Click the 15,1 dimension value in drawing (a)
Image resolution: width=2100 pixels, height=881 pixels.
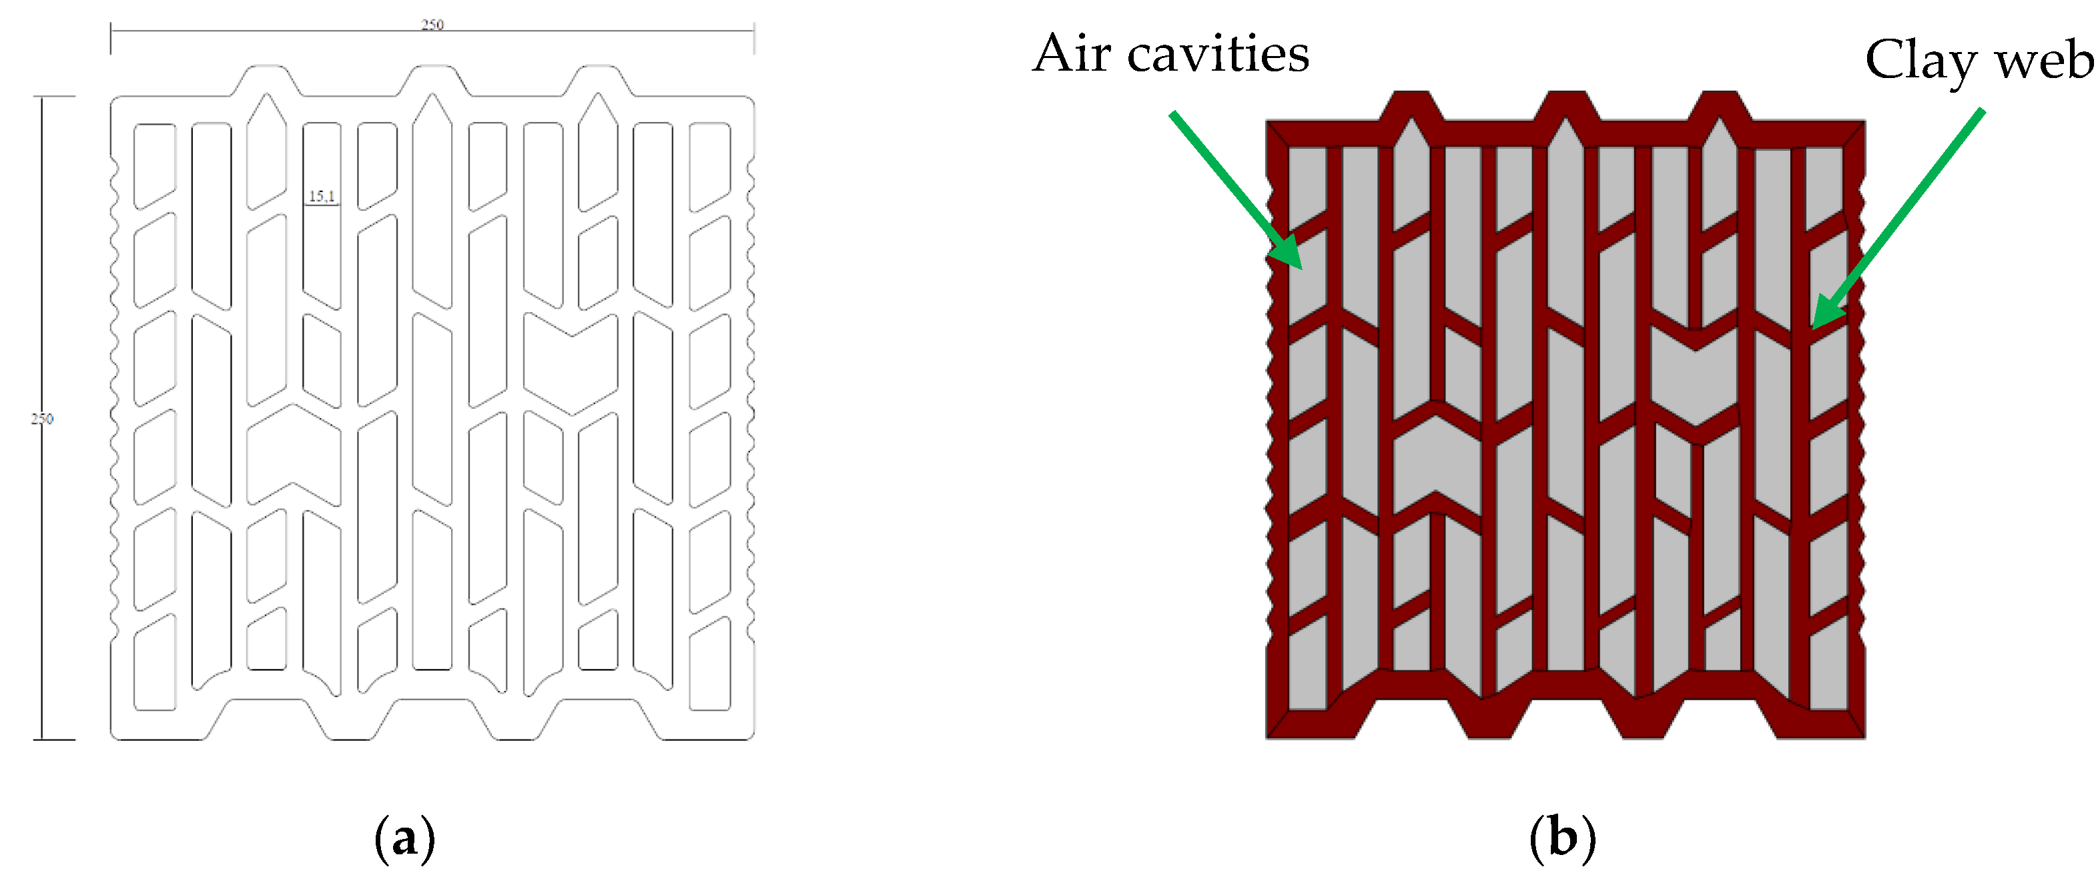(x=321, y=197)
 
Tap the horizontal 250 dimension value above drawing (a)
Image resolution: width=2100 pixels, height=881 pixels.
(x=432, y=25)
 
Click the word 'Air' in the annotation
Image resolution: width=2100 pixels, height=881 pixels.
(x=1071, y=55)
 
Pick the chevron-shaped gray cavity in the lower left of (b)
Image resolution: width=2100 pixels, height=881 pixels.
(x=1435, y=465)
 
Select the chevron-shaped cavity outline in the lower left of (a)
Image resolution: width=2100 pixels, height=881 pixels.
(x=294, y=452)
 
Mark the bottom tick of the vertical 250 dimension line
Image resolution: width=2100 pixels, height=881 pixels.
(x=54, y=739)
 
